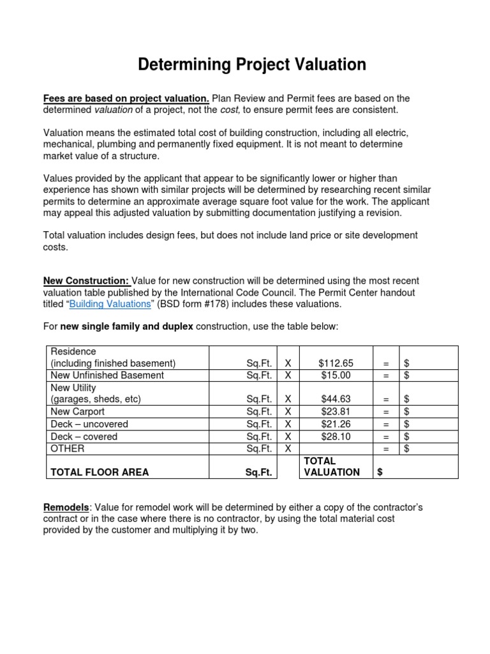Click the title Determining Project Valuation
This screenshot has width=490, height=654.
coord(253,65)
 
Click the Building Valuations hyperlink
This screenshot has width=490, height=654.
coord(110,304)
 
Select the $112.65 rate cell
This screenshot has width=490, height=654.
coord(335,363)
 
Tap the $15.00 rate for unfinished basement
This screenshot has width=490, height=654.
coord(335,375)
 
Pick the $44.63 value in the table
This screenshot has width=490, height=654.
coord(335,399)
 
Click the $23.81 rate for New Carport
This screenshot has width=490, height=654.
coord(335,411)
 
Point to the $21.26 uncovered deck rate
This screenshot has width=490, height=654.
coord(335,424)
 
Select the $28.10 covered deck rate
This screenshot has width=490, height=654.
coord(335,437)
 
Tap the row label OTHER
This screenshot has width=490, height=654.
coord(67,449)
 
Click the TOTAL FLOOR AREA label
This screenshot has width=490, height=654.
coord(100,472)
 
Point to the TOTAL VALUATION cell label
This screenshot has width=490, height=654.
coord(331,466)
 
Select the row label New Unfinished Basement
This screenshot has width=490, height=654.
coord(107,375)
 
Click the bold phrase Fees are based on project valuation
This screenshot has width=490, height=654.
coord(126,98)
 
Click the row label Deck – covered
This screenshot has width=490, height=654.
coord(84,437)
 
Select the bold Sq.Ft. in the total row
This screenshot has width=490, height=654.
coord(259,472)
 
